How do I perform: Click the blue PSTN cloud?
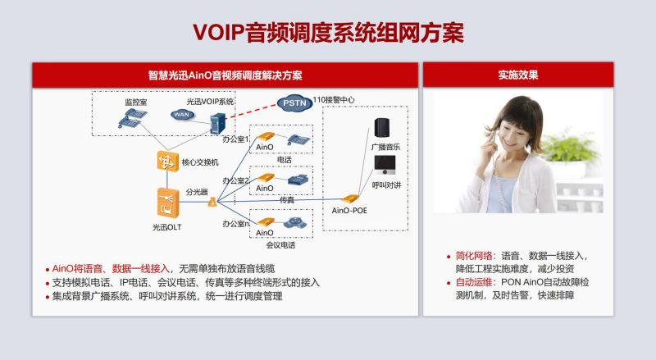point(294,103)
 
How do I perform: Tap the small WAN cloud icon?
point(182,114)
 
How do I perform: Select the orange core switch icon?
point(168,162)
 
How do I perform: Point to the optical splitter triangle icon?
point(212,203)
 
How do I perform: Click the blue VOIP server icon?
point(217,124)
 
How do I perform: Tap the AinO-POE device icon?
point(349,199)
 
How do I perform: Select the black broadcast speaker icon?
point(382,128)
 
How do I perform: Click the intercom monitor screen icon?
point(385,166)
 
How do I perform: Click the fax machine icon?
point(298,180)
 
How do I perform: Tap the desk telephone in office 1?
point(298,139)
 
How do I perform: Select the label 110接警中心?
point(334,100)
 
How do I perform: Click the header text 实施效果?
point(518,75)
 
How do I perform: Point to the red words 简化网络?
point(474,255)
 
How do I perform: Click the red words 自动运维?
point(474,282)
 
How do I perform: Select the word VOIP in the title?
point(219,33)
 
